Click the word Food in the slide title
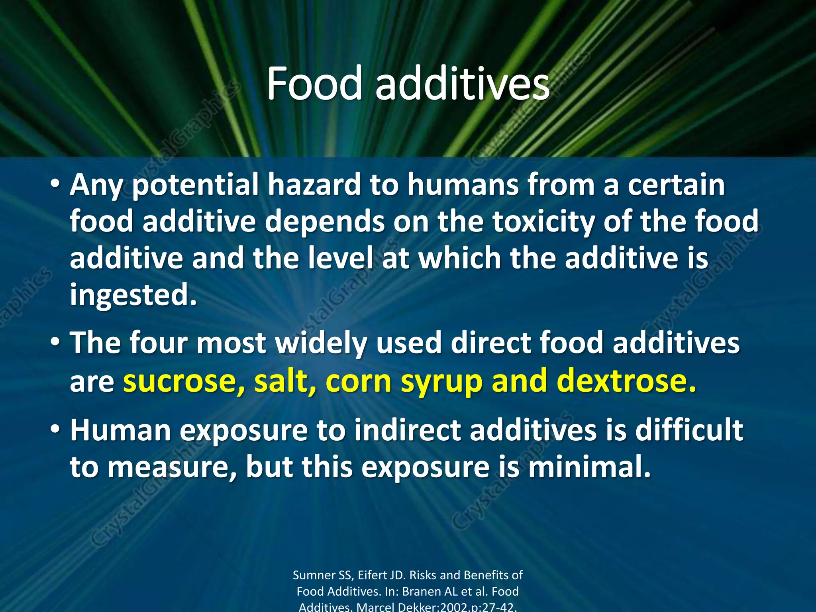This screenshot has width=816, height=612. click(314, 84)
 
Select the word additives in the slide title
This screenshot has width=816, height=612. click(462, 84)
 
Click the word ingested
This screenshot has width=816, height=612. click(133, 295)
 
